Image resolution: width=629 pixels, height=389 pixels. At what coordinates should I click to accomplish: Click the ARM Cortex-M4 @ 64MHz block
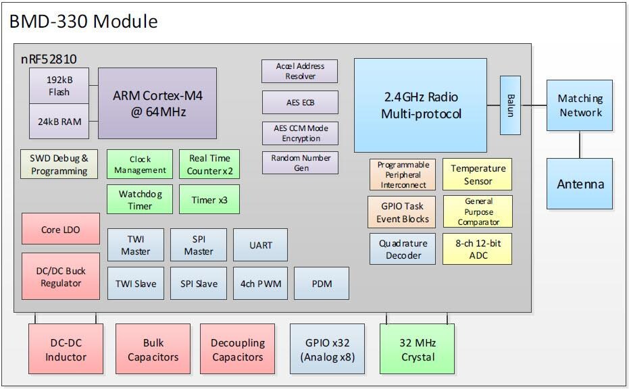click(157, 103)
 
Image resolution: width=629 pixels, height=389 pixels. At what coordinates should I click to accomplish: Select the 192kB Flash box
click(59, 86)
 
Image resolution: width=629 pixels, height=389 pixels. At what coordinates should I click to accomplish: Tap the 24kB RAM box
click(59, 122)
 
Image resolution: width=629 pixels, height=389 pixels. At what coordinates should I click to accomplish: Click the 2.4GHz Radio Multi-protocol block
click(420, 105)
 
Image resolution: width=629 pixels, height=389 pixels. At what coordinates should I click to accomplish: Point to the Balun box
click(509, 105)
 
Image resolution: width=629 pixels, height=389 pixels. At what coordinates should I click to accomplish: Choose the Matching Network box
click(580, 105)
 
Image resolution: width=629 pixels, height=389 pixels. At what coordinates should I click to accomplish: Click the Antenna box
click(580, 184)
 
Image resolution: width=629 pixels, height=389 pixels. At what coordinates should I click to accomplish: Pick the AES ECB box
click(299, 103)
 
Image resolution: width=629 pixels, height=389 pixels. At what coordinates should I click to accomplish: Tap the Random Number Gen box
click(299, 163)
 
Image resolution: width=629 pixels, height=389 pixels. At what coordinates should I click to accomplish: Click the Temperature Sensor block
click(478, 175)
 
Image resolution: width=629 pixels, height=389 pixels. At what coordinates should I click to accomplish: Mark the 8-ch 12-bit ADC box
click(478, 249)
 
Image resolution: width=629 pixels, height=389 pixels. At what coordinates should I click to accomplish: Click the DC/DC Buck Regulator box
click(61, 276)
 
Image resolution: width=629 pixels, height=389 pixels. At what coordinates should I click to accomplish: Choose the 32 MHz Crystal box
click(418, 349)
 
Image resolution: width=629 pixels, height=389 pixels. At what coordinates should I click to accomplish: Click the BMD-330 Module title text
click(83, 22)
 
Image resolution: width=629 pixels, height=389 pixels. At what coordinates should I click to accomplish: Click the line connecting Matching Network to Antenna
click(580, 145)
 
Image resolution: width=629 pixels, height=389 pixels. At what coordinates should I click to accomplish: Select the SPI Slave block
click(199, 284)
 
